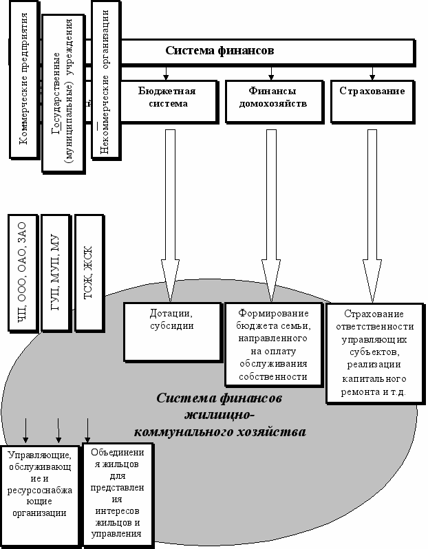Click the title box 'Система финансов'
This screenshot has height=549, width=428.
[220, 51]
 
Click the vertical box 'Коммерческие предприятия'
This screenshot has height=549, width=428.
[23, 83]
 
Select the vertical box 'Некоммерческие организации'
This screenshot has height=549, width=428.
[105, 83]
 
